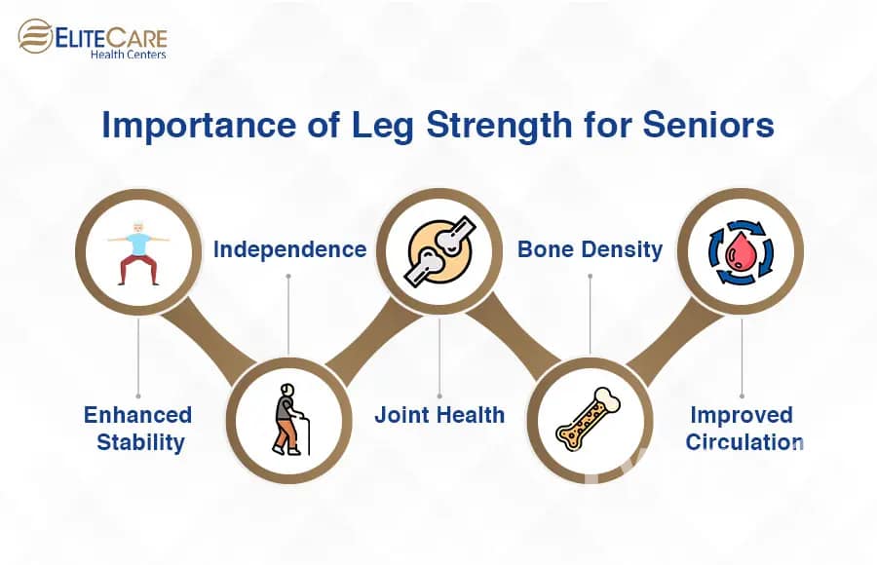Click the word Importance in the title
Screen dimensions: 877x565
click(199, 126)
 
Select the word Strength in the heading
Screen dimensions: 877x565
click(500, 126)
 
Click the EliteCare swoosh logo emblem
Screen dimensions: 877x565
click(35, 36)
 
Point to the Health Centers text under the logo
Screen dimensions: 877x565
click(128, 55)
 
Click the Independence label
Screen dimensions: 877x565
click(289, 249)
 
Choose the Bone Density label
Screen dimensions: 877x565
click(591, 249)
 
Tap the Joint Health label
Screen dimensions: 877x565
click(439, 415)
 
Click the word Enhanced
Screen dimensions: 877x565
click(138, 415)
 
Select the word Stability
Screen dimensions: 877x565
click(140, 442)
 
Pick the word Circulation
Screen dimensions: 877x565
click(744, 442)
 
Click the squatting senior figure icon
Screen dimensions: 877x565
click(138, 253)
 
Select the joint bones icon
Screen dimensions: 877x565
click(440, 251)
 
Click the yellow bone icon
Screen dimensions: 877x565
click(589, 419)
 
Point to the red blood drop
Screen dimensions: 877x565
click(741, 251)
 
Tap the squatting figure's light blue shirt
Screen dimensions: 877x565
click(138, 245)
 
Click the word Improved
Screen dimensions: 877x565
click(742, 415)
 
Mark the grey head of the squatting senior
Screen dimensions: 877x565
click(138, 228)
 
